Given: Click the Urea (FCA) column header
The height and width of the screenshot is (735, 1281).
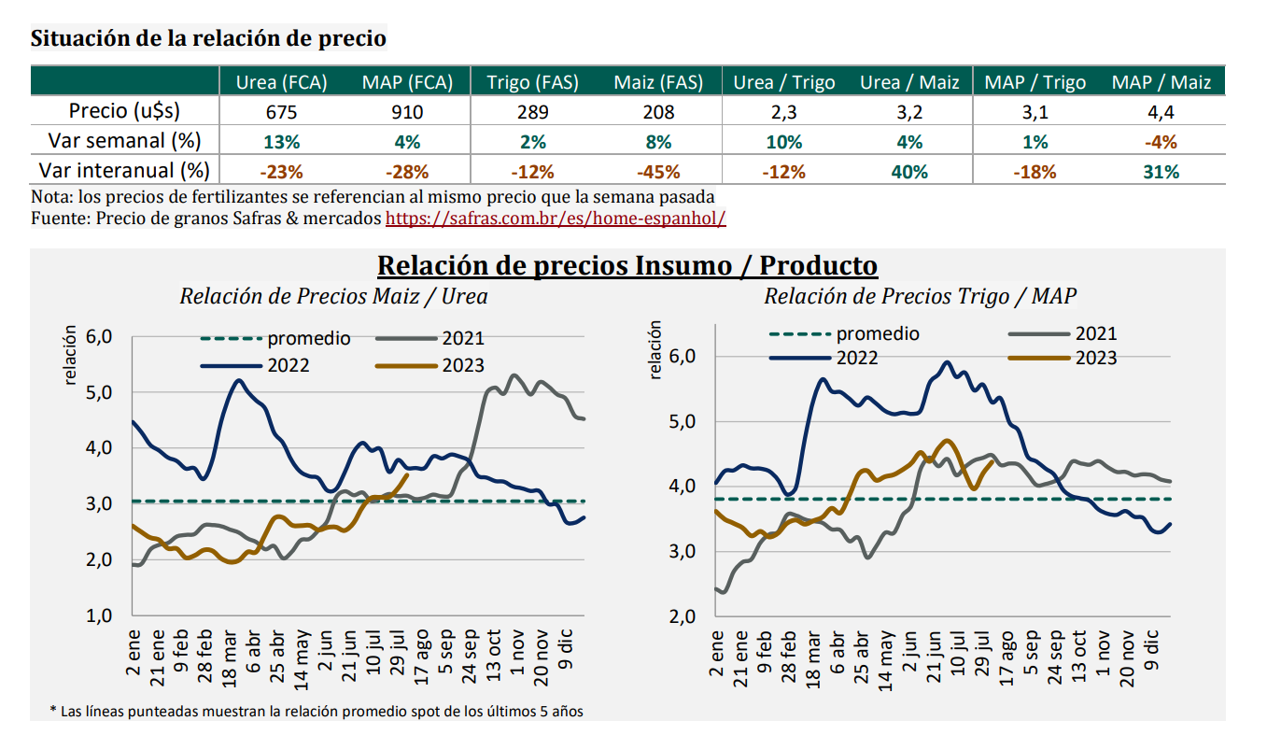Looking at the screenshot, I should coord(281,82).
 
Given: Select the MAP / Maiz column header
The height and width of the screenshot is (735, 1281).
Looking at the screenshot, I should coord(1161,82).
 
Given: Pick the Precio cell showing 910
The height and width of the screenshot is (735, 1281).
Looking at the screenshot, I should coord(407,112).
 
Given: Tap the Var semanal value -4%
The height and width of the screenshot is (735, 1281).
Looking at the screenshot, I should coord(1161,142).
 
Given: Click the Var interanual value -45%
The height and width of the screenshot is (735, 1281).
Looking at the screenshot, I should coord(657,172).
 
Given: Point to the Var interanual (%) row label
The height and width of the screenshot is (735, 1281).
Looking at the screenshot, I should coord(124,172).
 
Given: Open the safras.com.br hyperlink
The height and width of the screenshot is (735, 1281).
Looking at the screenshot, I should coord(556,218).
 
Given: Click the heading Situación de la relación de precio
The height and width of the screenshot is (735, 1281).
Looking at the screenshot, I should coord(208,39).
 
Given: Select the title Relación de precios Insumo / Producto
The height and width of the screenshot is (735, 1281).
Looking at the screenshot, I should coord(626,266).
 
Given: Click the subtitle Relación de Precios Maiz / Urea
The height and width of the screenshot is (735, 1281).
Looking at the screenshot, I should coord(333,297).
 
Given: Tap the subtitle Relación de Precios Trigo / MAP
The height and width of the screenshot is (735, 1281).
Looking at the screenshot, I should coord(920,297).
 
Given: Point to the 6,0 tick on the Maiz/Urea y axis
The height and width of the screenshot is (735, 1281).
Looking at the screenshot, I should coord(98,336).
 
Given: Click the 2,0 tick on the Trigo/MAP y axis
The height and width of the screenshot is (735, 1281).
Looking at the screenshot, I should coord(682,616).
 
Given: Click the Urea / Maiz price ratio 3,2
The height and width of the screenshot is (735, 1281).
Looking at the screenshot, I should coord(909,112).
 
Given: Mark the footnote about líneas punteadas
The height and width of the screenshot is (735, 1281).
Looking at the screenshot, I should coord(317,712).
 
